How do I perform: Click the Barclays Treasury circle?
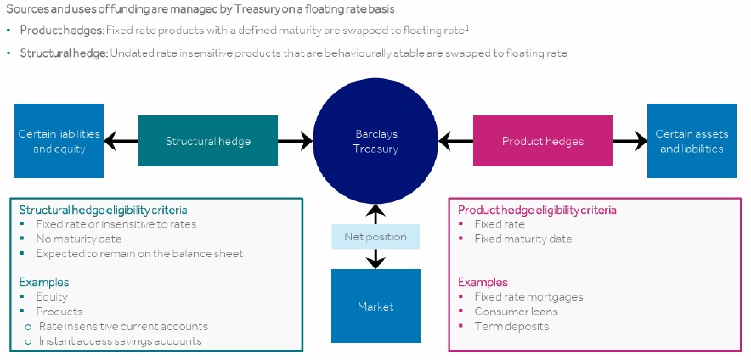coord(376,141)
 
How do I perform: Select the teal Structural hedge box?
coord(208,141)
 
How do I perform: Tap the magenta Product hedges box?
coord(542,141)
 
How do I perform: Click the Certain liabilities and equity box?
coord(59,141)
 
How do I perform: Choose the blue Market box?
coord(375,306)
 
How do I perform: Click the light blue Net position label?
coord(375,237)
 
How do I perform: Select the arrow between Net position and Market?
coord(375,259)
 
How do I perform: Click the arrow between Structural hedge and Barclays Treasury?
coord(296,141)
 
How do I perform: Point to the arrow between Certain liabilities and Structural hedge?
coord(121,141)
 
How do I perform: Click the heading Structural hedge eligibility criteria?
coord(103,210)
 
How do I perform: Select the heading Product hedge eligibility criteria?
coord(537,210)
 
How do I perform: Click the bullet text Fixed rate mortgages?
coord(528,297)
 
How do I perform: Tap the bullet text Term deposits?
coord(511,326)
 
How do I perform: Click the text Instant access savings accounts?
coord(119,341)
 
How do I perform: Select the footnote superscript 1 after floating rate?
coord(468,27)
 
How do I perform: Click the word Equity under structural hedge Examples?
coord(52,297)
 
